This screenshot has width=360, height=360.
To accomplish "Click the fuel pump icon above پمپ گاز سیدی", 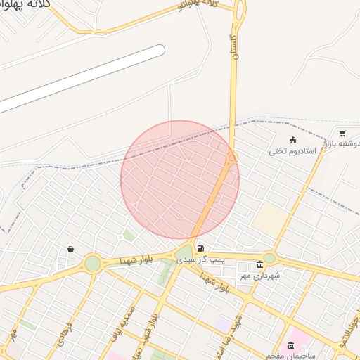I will click(x=202, y=249).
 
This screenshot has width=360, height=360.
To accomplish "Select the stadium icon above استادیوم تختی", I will click(x=292, y=140).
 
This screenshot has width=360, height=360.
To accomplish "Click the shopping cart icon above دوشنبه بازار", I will click(x=342, y=133).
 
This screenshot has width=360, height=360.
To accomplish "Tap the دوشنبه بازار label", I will click(x=342, y=144).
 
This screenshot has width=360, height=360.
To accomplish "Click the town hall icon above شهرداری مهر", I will click(x=260, y=265).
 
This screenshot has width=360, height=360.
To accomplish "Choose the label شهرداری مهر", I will click(x=259, y=276).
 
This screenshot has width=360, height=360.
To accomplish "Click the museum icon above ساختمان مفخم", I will click(x=291, y=345).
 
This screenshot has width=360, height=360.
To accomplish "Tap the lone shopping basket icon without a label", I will click(x=70, y=249).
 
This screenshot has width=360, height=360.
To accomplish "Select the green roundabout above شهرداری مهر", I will click(x=269, y=257).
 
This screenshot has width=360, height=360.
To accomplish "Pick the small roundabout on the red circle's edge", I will click(x=232, y=158).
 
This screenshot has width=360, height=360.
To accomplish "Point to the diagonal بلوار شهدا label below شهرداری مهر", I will click(x=215, y=283).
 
